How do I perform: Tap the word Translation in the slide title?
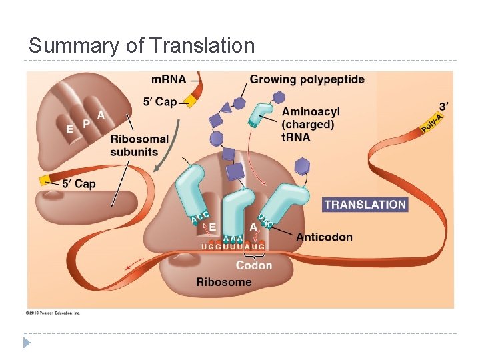coord(203,46)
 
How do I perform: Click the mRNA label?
coord(169,79)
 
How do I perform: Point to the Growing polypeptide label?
coord(307,79)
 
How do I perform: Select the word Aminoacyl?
coord(311,111)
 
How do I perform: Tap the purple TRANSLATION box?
coord(365,205)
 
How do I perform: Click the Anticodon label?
coord(324,237)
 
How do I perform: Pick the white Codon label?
coord(254,265)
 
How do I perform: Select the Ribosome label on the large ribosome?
coord(224,282)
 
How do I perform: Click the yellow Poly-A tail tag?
coord(432,122)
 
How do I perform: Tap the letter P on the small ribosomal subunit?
coord(86,124)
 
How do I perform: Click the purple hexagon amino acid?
coord(303,164)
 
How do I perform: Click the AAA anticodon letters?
coord(233,238)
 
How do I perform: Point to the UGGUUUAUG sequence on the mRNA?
coord(233,247)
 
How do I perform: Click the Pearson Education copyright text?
coord(53,313)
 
